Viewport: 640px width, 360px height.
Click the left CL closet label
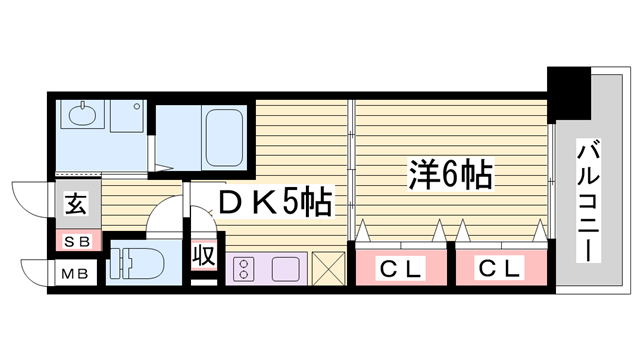tap(400, 267)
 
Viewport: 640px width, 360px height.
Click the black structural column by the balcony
tap(571, 90)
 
